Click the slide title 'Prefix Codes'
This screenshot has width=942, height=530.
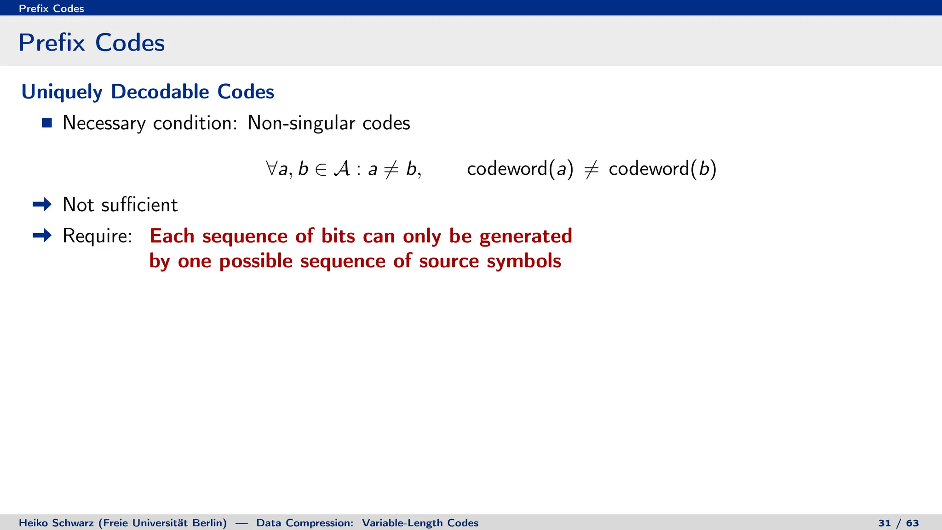tap(92, 43)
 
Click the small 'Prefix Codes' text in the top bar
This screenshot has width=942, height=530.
tap(51, 8)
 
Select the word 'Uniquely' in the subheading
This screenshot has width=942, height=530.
tap(62, 92)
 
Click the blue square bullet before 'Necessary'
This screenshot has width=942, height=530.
tap(46, 123)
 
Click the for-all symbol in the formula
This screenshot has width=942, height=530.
tap(271, 168)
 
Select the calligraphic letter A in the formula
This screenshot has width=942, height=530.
tap(341, 168)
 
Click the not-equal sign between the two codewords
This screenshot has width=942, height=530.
tap(591, 169)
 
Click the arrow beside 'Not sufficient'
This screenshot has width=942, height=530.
tap(42, 204)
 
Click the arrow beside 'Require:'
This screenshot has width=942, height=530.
tap(42, 236)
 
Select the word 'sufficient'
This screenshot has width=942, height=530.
tap(139, 205)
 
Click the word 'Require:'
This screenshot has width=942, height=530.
tap(97, 236)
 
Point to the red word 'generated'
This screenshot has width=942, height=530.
tap(525, 236)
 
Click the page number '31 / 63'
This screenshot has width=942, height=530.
tap(898, 523)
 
